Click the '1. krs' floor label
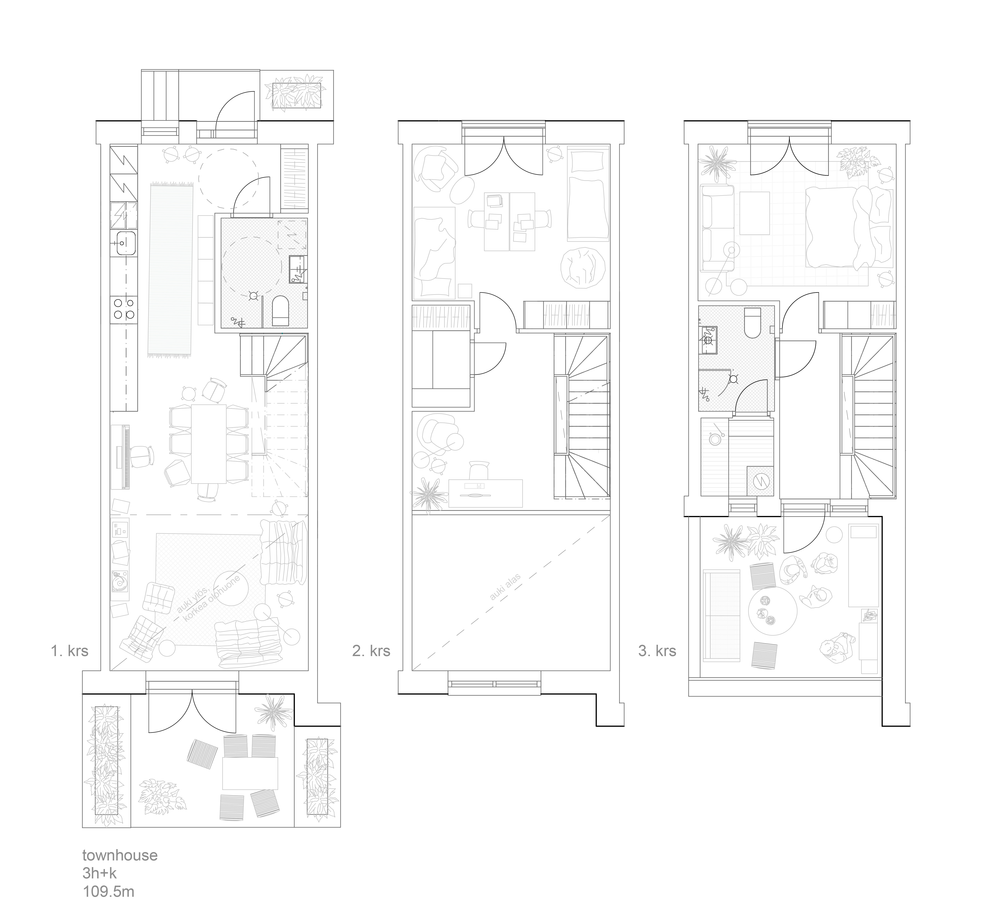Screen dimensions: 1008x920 (70, 651)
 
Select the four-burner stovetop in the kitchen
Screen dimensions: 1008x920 (123, 308)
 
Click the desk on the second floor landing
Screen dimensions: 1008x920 (486, 493)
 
